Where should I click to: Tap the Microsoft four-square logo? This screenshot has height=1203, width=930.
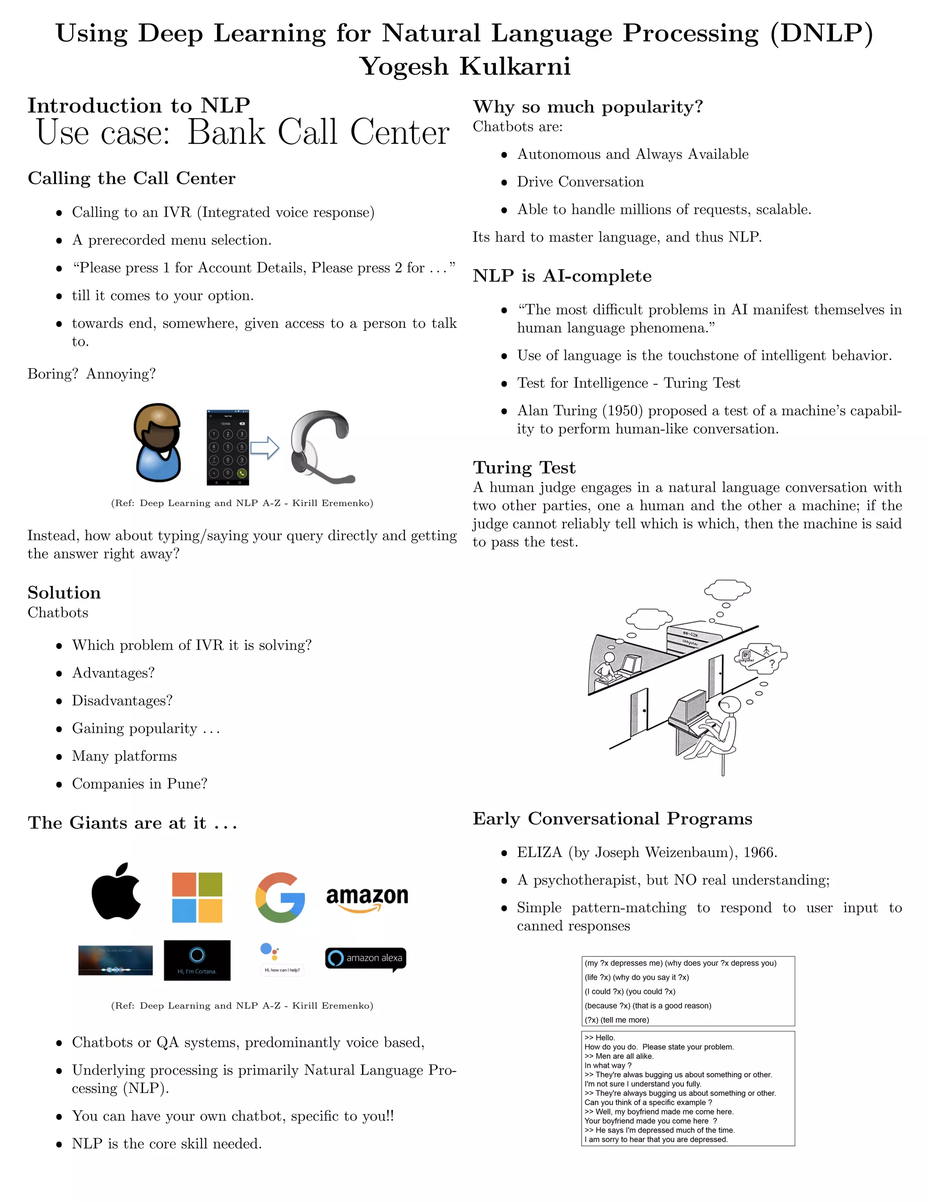coord(197,897)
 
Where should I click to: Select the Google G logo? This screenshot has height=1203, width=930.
coord(280,897)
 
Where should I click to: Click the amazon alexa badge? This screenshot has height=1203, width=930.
coord(366,958)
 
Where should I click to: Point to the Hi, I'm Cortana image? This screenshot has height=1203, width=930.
coord(197,960)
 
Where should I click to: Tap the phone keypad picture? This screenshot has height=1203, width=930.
coord(228,447)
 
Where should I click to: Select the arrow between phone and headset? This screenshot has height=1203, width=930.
coord(264,447)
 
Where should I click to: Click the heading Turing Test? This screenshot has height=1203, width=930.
coord(524,468)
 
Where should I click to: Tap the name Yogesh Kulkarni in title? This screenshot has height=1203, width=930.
coord(465,67)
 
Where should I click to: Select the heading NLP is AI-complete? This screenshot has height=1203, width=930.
coord(562,276)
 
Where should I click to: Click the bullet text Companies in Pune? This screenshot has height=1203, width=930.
coord(139,784)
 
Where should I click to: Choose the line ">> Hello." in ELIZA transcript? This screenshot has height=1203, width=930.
coord(600,1038)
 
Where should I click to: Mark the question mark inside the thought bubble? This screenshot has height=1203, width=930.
coord(772,664)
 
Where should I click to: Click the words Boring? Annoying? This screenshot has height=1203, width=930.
coord(91,374)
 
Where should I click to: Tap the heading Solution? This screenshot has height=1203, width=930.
coord(64,593)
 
